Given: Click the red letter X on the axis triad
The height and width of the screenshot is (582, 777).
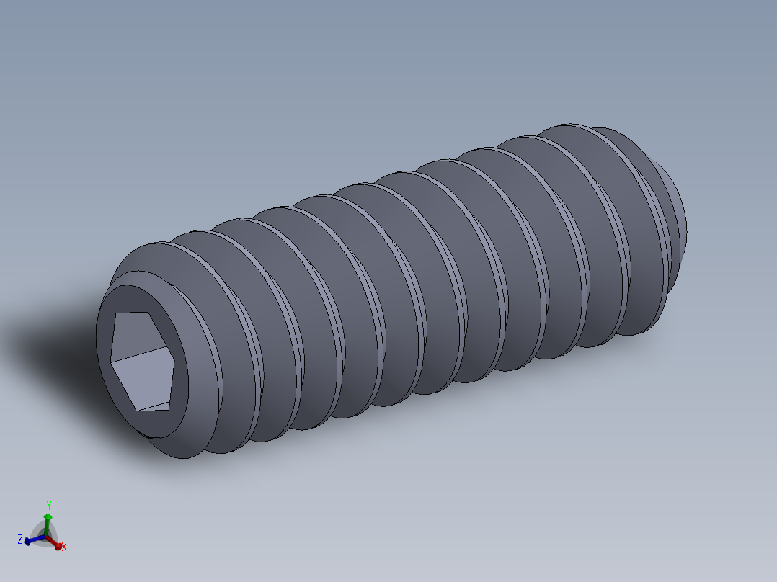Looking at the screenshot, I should [64, 547].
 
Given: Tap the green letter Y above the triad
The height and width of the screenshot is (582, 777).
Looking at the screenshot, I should [48, 505].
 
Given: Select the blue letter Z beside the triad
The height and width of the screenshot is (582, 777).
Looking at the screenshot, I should [20, 539].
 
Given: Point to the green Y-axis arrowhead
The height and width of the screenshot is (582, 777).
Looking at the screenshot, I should [48, 516].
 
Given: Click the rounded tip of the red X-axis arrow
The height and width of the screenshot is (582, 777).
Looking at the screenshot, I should [58, 544].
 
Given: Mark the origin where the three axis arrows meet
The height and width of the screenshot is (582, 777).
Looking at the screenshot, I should [48, 536].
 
